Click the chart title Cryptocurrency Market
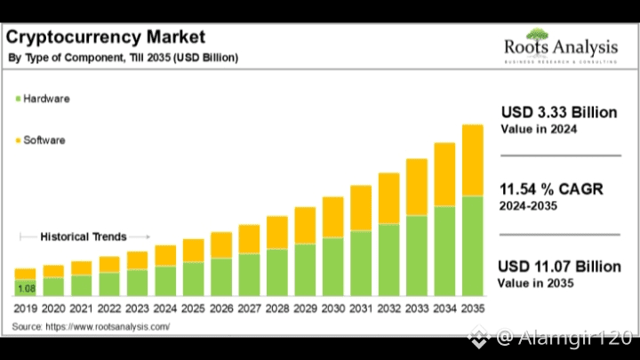(106, 36)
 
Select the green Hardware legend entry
(42, 98)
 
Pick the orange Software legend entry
(41, 140)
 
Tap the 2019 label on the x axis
(26, 308)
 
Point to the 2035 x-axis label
(473, 308)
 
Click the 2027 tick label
(249, 308)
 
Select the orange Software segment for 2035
(473, 160)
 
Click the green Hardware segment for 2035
(473, 245)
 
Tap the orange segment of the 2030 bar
(333, 217)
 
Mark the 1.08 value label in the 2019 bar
(26, 288)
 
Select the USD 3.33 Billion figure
(558, 112)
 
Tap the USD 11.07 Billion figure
(559, 266)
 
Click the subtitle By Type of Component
(123, 58)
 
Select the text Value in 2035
(535, 283)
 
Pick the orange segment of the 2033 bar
(417, 187)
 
